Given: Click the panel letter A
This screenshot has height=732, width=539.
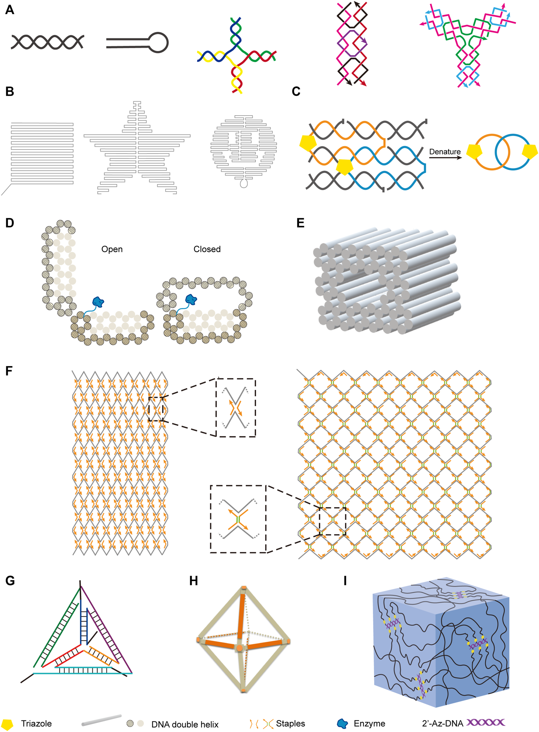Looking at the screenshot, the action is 10,10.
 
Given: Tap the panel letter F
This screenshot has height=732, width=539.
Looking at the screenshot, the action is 9,371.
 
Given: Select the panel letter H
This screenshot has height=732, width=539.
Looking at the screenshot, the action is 194,581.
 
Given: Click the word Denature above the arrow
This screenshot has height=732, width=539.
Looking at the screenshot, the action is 445,152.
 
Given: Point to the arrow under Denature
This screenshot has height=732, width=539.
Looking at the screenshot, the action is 445,158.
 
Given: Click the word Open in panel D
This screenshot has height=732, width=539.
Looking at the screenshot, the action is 112,249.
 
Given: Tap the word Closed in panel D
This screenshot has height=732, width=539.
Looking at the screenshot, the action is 207,249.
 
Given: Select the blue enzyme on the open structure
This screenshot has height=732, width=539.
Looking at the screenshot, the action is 98,302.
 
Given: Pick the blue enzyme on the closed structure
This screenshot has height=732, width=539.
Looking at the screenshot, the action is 191,299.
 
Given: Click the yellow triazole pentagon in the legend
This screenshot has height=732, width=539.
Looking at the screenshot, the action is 7,724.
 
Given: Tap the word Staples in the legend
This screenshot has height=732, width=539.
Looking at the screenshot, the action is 290,724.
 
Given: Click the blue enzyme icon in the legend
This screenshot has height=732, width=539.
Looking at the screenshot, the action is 343,724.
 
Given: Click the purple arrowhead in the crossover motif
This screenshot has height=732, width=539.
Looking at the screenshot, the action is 365,43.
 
